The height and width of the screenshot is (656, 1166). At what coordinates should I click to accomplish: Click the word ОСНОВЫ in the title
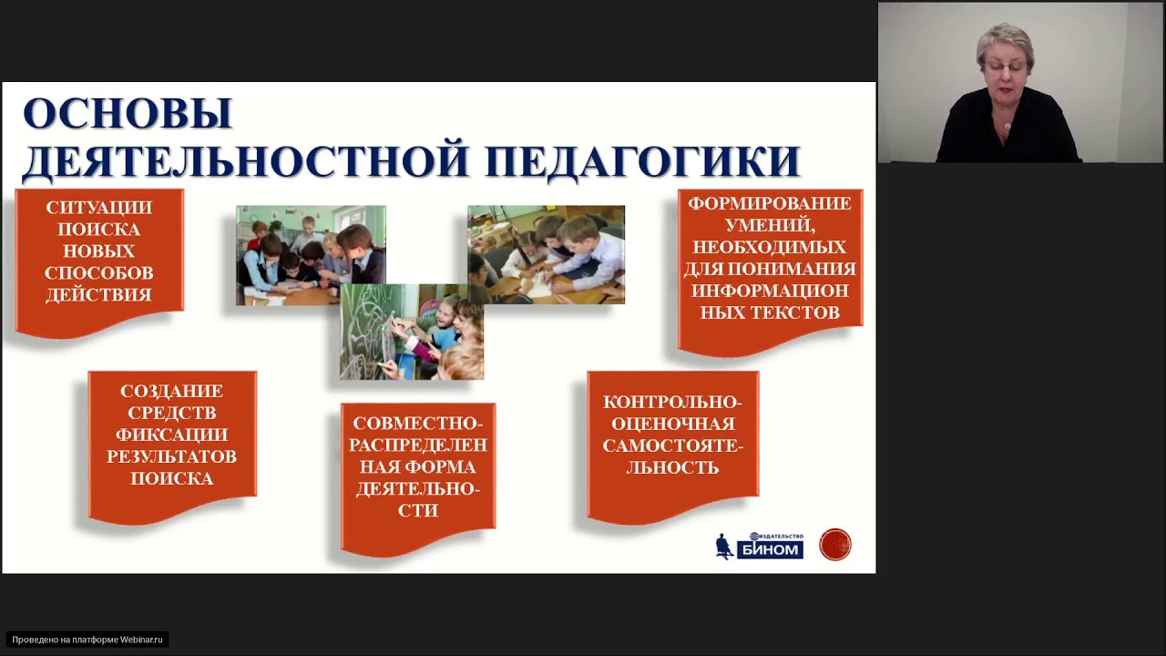(128, 115)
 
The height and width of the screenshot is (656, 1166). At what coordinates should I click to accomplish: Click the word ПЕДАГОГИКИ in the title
(642, 161)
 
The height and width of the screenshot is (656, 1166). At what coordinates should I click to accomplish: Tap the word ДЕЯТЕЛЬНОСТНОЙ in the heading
(246, 161)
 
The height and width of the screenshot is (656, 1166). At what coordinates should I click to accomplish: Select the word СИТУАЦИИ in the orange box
(99, 208)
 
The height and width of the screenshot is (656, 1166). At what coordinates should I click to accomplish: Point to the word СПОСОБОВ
(99, 273)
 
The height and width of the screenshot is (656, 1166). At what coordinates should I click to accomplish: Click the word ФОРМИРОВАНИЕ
(770, 203)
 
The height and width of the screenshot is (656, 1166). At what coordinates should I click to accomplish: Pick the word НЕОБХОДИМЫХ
(770, 247)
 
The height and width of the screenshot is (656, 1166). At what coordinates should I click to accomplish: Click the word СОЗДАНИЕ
(171, 391)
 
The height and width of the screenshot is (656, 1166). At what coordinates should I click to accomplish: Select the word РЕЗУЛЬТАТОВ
(171, 456)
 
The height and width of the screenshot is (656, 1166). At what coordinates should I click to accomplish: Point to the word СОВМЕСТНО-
(417, 424)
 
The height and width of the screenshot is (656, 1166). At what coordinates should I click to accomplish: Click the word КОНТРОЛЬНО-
(672, 402)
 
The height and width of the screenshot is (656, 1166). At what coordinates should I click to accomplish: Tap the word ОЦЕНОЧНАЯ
(672, 424)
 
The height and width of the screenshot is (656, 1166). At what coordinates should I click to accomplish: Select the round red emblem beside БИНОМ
(835, 545)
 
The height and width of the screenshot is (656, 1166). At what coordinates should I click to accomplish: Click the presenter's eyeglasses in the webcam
(1005, 68)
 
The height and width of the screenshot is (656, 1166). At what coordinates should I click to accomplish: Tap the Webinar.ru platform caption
(87, 640)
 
